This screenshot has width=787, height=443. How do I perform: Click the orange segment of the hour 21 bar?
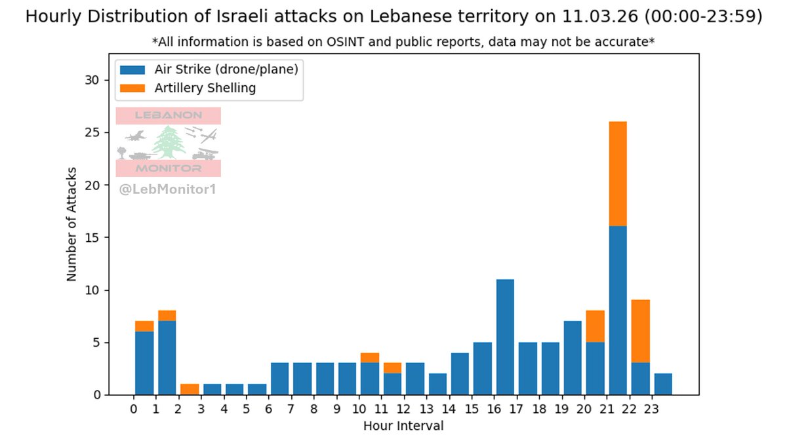click(x=618, y=174)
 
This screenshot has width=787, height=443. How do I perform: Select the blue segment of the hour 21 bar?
click(x=618, y=310)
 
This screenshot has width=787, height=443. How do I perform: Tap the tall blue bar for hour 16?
click(x=504, y=337)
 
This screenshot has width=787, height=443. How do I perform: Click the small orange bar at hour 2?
click(x=190, y=389)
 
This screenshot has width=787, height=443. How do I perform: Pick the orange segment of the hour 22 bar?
click(x=640, y=332)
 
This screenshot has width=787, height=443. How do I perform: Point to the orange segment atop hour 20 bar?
click(x=595, y=326)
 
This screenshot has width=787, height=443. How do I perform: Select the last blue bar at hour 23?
click(x=663, y=384)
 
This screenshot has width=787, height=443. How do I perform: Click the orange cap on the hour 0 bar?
click(x=144, y=326)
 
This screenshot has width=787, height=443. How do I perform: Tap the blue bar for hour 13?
click(x=437, y=384)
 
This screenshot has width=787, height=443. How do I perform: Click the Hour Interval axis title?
click(x=403, y=426)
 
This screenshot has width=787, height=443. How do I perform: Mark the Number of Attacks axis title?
click(x=71, y=224)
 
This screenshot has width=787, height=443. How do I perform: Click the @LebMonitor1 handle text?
click(x=167, y=190)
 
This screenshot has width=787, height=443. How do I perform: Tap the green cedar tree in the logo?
click(x=169, y=142)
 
